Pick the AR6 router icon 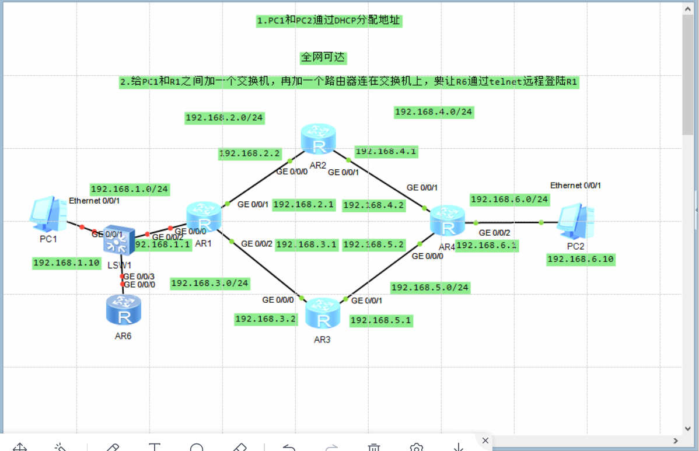click(x=123, y=310)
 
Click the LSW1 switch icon click(x=119, y=240)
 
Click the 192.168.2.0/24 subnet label click(x=224, y=118)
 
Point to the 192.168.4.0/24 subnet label click(x=434, y=112)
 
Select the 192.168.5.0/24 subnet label click(x=430, y=288)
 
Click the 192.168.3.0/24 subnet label click(x=210, y=284)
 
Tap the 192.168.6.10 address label click(x=581, y=260)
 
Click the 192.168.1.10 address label click(x=67, y=263)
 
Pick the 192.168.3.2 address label click(x=265, y=319)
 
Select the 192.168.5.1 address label click(x=381, y=320)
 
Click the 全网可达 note click(x=323, y=58)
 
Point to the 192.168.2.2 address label click(x=250, y=154)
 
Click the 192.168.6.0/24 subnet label click(x=509, y=200)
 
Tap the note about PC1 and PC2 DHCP click(x=328, y=21)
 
